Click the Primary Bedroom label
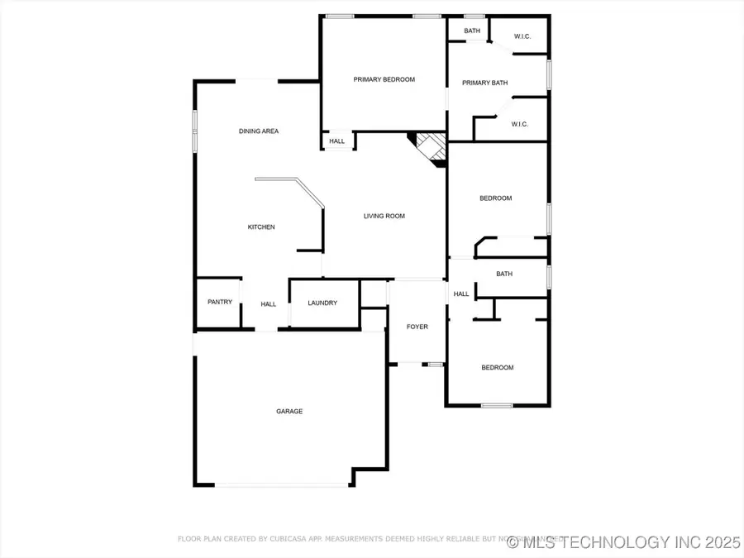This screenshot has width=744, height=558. coord(384,79)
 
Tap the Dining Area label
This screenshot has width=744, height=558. coord(258,131)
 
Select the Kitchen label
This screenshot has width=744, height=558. coord(261,227)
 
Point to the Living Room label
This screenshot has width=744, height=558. coord(384,217)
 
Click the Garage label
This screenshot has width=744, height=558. coord(289,411)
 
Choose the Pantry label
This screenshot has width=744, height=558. coord(220,303)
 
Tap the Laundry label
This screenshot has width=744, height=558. coord(322,303)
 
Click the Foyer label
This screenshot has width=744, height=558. coord(417,327)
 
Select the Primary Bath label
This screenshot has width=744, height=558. coord(484,83)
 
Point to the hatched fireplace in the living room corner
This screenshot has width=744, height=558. coord(430,149)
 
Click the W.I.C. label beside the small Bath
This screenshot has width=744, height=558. coord(522,36)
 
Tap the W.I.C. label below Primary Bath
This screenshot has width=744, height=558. coord(519,125)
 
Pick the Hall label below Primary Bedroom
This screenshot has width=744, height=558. coord(337,141)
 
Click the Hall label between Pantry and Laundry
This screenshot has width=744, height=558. coord(269,304)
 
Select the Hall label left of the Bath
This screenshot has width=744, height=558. coord(461,294)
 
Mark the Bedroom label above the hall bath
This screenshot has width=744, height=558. coord(496,198)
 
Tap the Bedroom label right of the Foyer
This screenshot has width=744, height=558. coord(498,368)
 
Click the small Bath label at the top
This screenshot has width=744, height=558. coord(471,31)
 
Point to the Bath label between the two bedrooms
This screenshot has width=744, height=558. coord(504,274)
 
